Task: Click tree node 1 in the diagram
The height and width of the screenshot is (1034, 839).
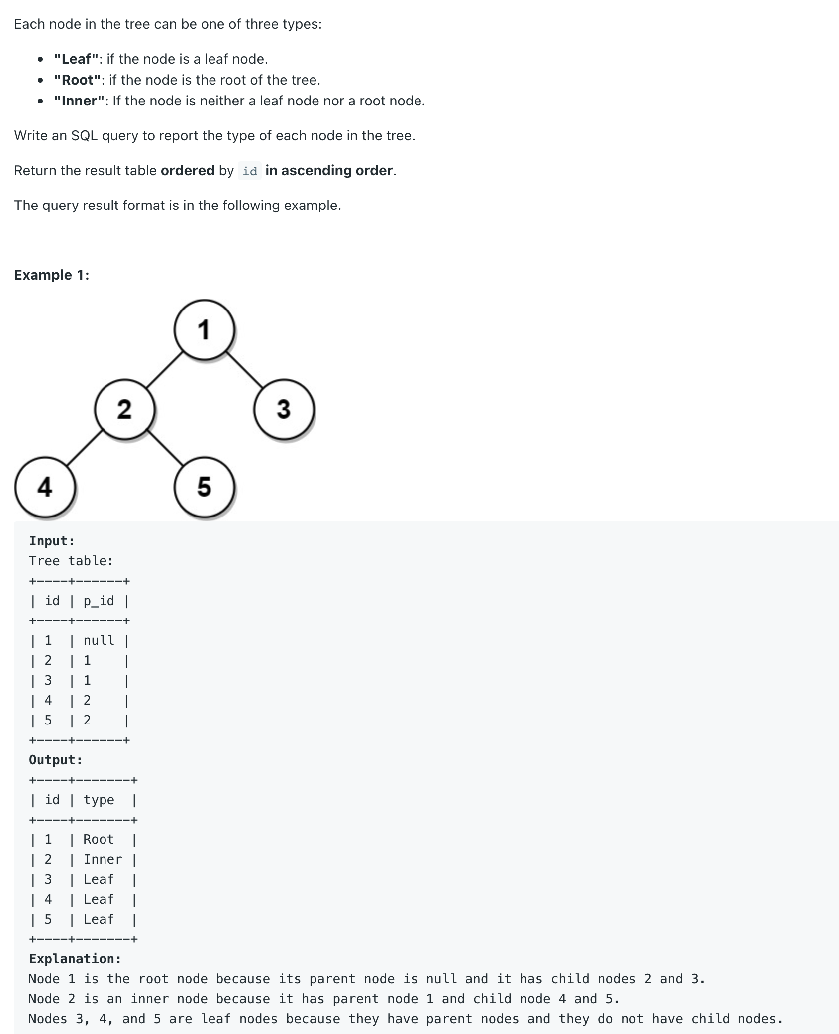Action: pyautogui.click(x=204, y=329)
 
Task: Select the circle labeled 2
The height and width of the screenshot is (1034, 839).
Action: pyautogui.click(x=124, y=409)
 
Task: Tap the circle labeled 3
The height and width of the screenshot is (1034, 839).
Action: pyautogui.click(x=284, y=409)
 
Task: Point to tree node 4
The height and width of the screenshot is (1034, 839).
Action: pyautogui.click(x=45, y=487)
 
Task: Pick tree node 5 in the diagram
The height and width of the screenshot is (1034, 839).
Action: pyautogui.click(x=204, y=487)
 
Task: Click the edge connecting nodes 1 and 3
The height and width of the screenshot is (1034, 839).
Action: pyautogui.click(x=245, y=370)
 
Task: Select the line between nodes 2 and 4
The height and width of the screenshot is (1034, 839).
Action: pyautogui.click(x=85, y=448)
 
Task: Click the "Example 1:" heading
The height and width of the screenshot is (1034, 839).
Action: pyautogui.click(x=52, y=275)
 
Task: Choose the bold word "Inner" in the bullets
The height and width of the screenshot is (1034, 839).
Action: pyautogui.click(x=80, y=101)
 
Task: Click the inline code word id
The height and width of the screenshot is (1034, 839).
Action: pyautogui.click(x=250, y=171)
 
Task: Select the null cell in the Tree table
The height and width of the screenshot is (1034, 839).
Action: pyautogui.click(x=99, y=640)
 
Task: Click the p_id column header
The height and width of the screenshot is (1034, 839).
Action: pyautogui.click(x=99, y=601)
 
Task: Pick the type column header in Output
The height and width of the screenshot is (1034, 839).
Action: pyautogui.click(x=99, y=800)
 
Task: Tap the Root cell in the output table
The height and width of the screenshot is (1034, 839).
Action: pyautogui.click(x=99, y=839)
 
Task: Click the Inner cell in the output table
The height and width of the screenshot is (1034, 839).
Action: pyautogui.click(x=103, y=859)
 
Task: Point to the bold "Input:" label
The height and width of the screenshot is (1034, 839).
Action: pyautogui.click(x=52, y=541)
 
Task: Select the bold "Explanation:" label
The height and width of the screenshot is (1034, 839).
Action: pyautogui.click(x=75, y=959)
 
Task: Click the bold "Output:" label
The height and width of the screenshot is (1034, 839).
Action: pyautogui.click(x=56, y=760)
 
